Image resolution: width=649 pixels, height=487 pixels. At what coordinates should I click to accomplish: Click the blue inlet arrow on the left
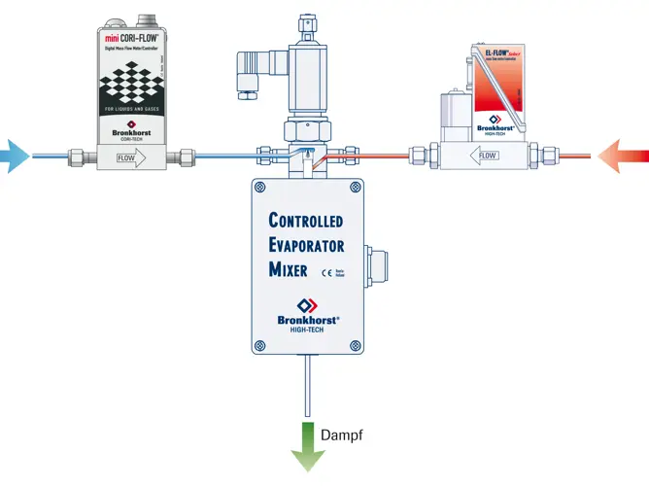pyautogui.click(x=15, y=156)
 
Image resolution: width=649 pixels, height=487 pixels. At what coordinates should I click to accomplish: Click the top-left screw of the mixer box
pyautogui.click(x=259, y=187)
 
